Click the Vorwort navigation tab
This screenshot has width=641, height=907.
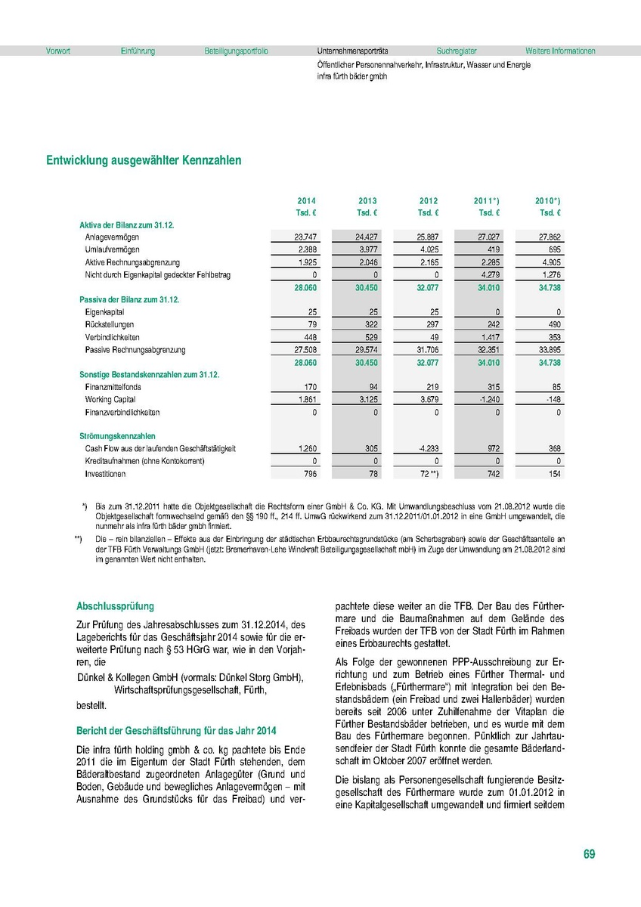[x=58, y=51]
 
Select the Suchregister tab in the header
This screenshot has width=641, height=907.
[x=457, y=51]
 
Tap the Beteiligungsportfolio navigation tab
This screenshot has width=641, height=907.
[x=236, y=51]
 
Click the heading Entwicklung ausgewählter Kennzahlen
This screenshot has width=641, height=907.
[x=144, y=161]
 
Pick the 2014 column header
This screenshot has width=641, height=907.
[x=306, y=201]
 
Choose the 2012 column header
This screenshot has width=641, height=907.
[x=429, y=201]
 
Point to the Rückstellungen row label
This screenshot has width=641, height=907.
[x=109, y=325]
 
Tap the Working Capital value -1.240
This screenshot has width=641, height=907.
[x=486, y=400]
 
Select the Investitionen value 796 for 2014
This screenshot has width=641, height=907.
[x=308, y=474]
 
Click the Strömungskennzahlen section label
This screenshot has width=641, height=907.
[x=117, y=436]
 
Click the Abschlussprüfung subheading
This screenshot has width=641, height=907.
[x=115, y=606]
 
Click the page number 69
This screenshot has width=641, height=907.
[x=589, y=855]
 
